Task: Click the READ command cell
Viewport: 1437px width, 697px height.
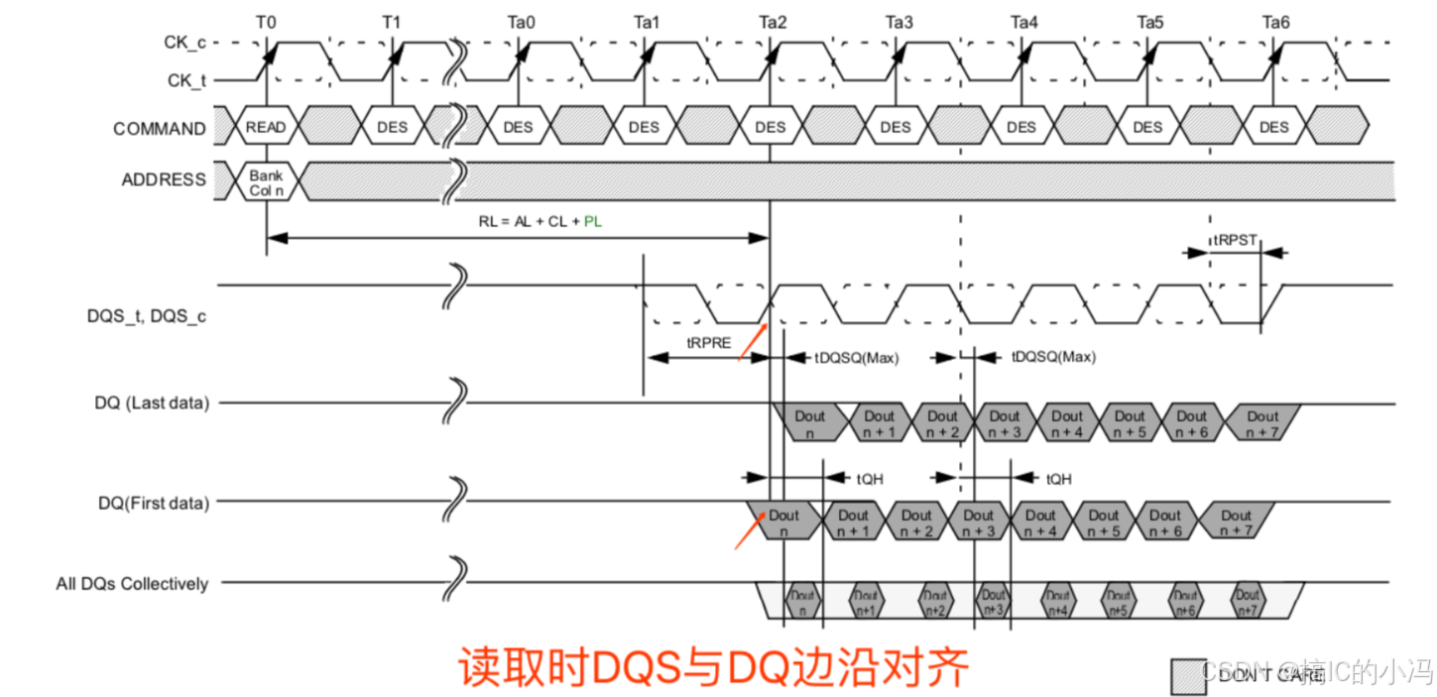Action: pyautogui.click(x=266, y=127)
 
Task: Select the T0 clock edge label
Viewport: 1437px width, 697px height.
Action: pyautogui.click(x=266, y=22)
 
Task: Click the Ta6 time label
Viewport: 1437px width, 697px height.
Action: pyautogui.click(x=1276, y=22)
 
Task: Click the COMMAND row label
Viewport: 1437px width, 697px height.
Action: pyautogui.click(x=160, y=129)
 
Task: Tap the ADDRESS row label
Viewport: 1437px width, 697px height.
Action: pyautogui.click(x=164, y=180)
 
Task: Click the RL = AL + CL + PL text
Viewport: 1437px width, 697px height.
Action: pyautogui.click(x=539, y=221)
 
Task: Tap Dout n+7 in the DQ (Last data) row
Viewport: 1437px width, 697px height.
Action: pyautogui.click(x=1262, y=423)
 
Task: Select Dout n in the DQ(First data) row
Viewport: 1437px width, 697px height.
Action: pyautogui.click(x=783, y=523)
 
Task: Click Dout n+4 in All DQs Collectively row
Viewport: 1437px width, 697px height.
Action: pyautogui.click(x=1057, y=602)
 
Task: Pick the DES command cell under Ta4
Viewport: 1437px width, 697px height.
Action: pyautogui.click(x=1021, y=127)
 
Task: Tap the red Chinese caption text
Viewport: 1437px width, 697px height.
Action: pyautogui.click(x=712, y=667)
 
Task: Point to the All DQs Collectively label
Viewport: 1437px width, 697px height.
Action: pyautogui.click(x=132, y=584)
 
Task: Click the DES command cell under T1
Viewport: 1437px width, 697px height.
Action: pyautogui.click(x=393, y=127)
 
